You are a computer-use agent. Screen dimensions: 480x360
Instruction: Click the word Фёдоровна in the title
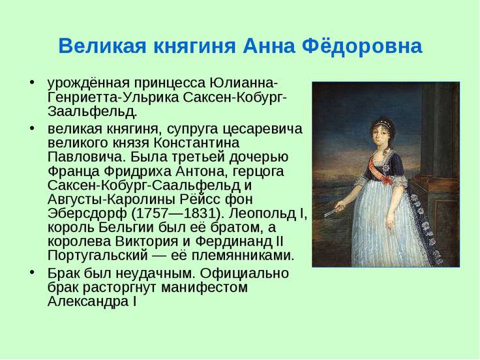point(362,46)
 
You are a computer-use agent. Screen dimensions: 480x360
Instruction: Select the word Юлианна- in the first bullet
point(244,83)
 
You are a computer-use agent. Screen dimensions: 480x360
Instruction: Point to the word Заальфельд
point(92,112)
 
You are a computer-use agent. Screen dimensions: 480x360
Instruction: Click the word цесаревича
point(262,129)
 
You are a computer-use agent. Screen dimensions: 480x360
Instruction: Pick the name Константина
point(196,143)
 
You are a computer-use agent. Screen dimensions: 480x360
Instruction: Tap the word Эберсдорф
point(87,213)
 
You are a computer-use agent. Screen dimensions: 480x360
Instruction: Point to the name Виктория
point(147,241)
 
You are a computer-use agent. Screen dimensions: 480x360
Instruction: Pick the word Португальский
point(98,256)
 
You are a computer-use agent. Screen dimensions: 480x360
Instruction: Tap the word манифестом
point(204,288)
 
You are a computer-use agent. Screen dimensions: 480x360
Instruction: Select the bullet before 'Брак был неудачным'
point(32,273)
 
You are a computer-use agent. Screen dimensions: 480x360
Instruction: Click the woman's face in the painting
point(380,136)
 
